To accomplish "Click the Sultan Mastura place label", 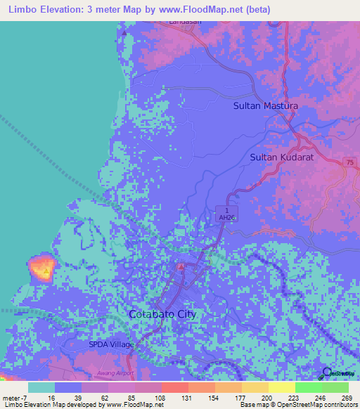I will [265, 106].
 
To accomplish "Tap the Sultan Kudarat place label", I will [281, 158].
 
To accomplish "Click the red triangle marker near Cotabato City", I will [181, 267].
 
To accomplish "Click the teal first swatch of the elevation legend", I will [41, 387].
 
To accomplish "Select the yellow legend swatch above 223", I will [281, 387].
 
